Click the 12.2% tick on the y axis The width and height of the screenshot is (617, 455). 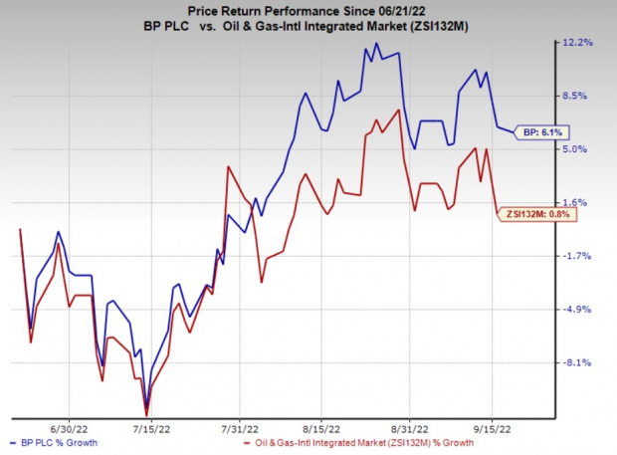coord(579,42)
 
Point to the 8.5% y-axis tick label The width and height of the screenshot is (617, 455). coord(579,96)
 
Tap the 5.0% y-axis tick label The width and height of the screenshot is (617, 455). coord(579,149)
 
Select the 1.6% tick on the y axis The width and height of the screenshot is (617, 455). coord(579,202)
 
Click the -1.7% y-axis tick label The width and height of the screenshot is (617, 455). coord(579,256)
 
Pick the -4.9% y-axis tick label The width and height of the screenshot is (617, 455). coord(579,309)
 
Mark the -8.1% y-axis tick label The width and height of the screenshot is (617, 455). coord(579,362)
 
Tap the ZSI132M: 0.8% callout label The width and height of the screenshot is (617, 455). coord(538,212)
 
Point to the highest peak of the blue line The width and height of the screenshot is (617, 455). coord(378,43)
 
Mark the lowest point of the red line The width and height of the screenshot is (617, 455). coord(147,414)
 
